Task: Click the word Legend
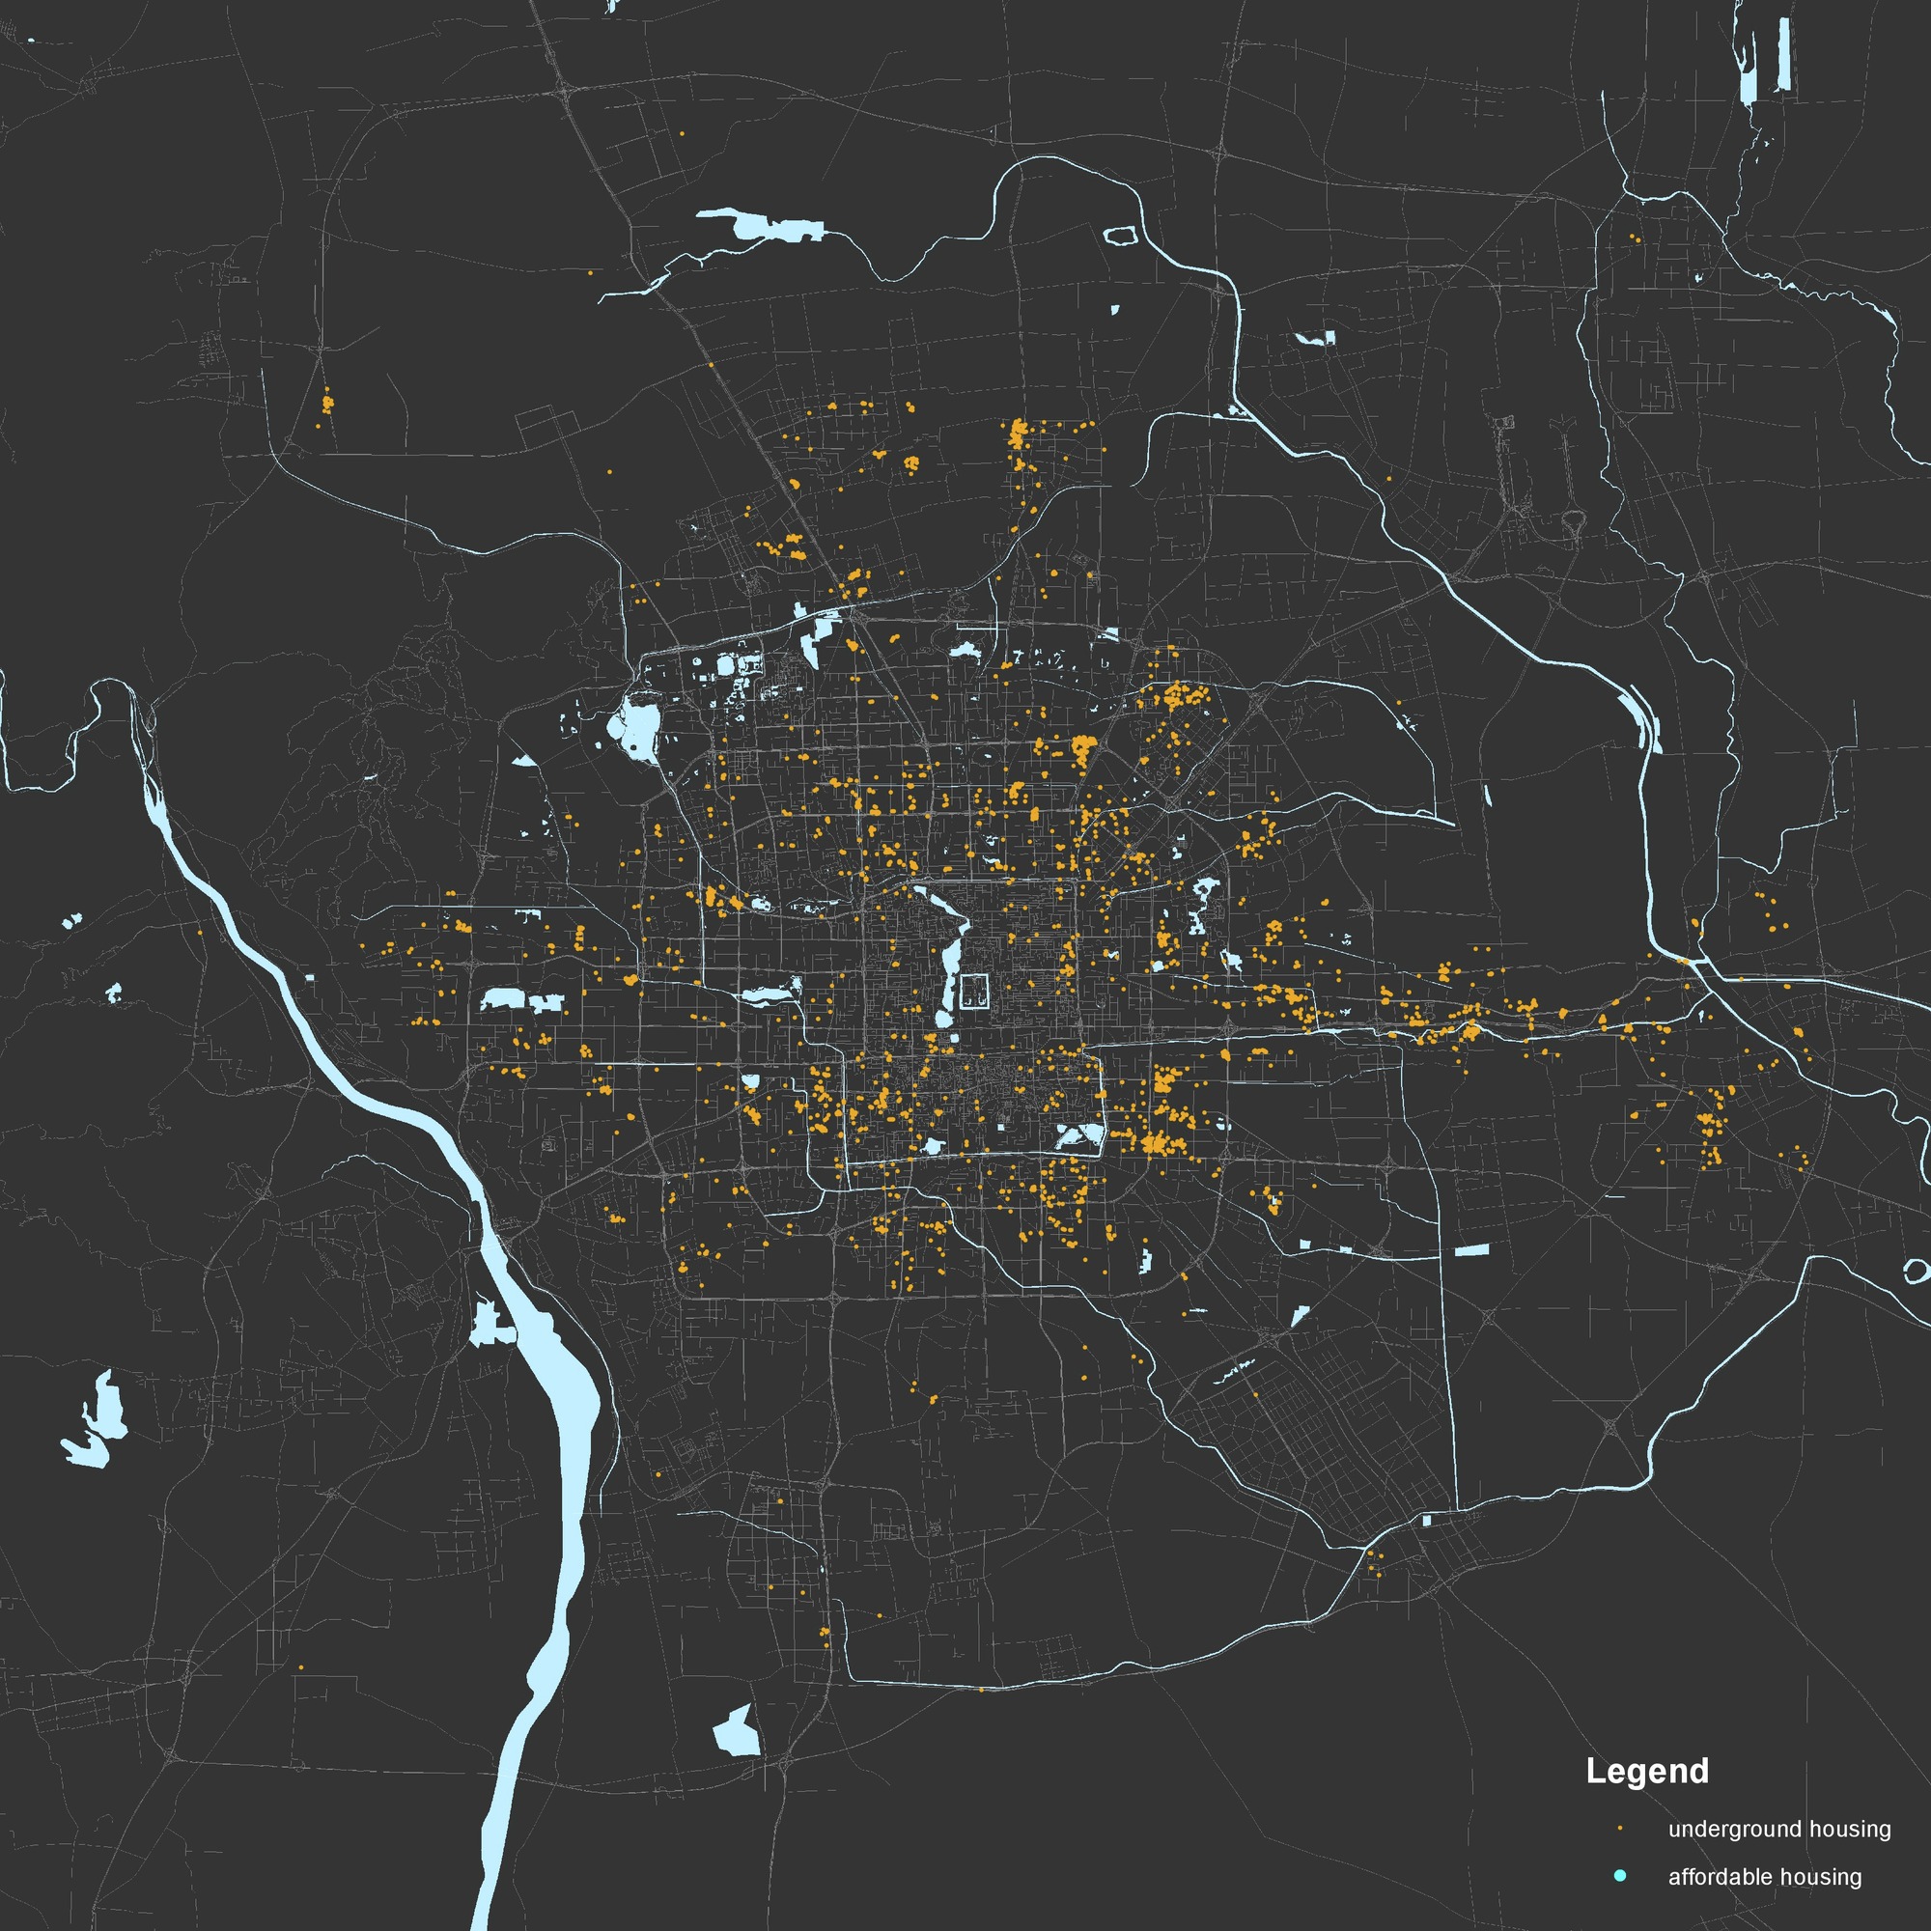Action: pyautogui.click(x=1647, y=1771)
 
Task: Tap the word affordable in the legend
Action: pyautogui.click(x=1721, y=1877)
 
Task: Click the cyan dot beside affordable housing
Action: pyautogui.click(x=1620, y=1877)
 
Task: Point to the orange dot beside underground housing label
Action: pyautogui.click(x=1620, y=1829)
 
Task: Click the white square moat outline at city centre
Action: pyautogui.click(x=974, y=991)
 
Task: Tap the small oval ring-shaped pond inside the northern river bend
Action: pyautogui.click(x=1120, y=236)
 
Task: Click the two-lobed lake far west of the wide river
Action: pyautogui.click(x=97, y=1412)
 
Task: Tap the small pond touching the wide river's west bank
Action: pyautogui.click(x=490, y=1326)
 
